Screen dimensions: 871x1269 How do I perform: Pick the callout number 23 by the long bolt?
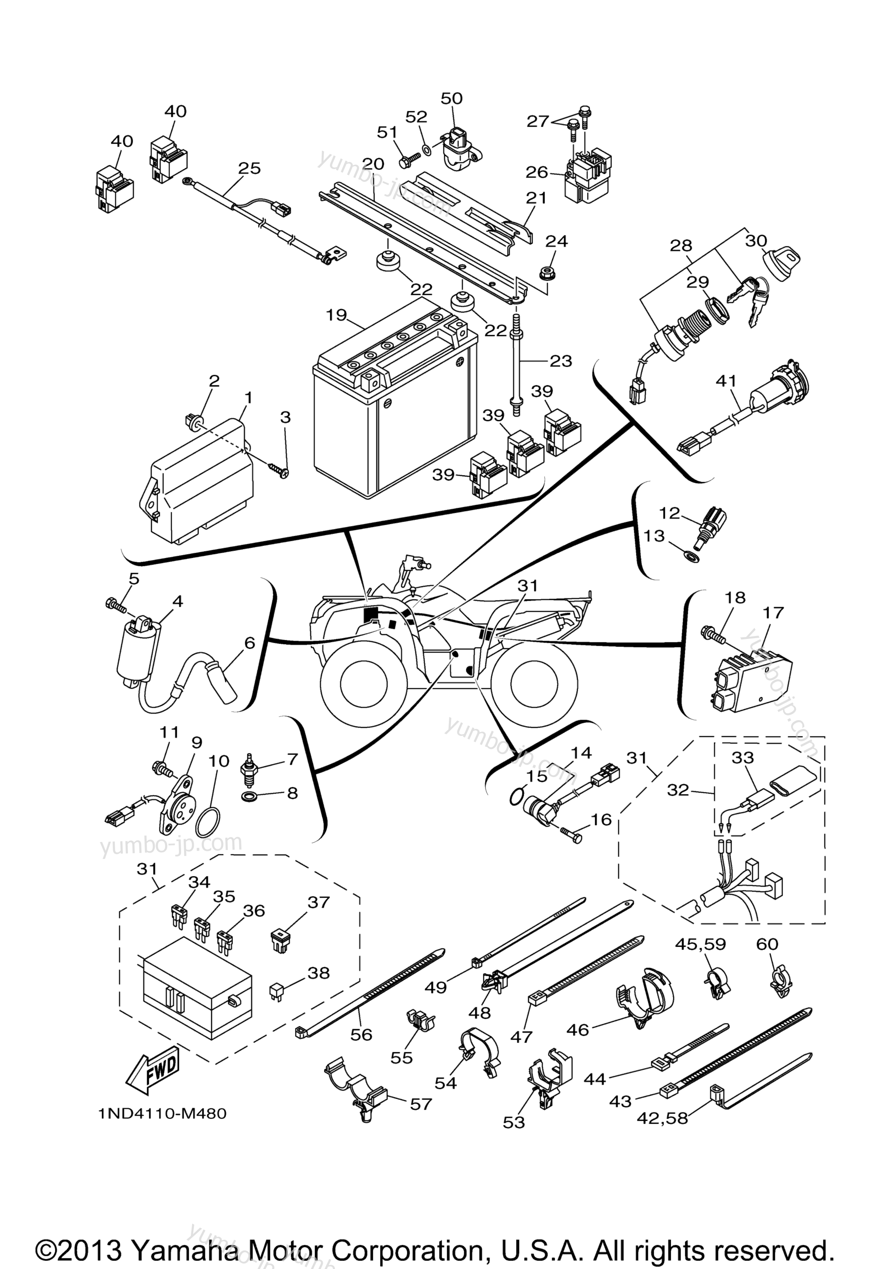tap(561, 361)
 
